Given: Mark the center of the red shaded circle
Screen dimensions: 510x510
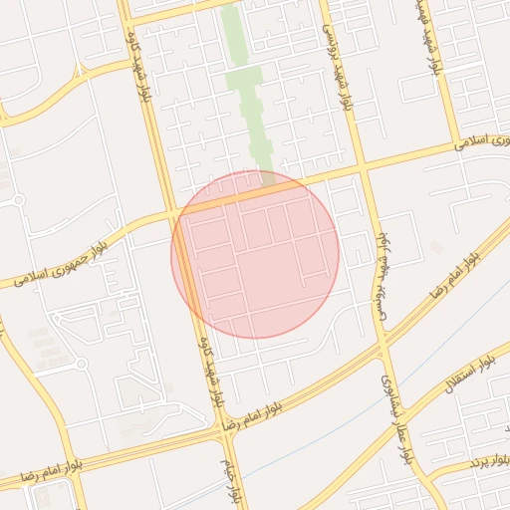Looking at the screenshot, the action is (x=255, y=254).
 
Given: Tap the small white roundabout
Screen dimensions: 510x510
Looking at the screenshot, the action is (x=19, y=200).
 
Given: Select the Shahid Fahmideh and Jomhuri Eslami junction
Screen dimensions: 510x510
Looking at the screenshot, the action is (x=456, y=145).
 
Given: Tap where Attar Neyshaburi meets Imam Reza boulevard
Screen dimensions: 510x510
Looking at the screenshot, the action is (x=382, y=350).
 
